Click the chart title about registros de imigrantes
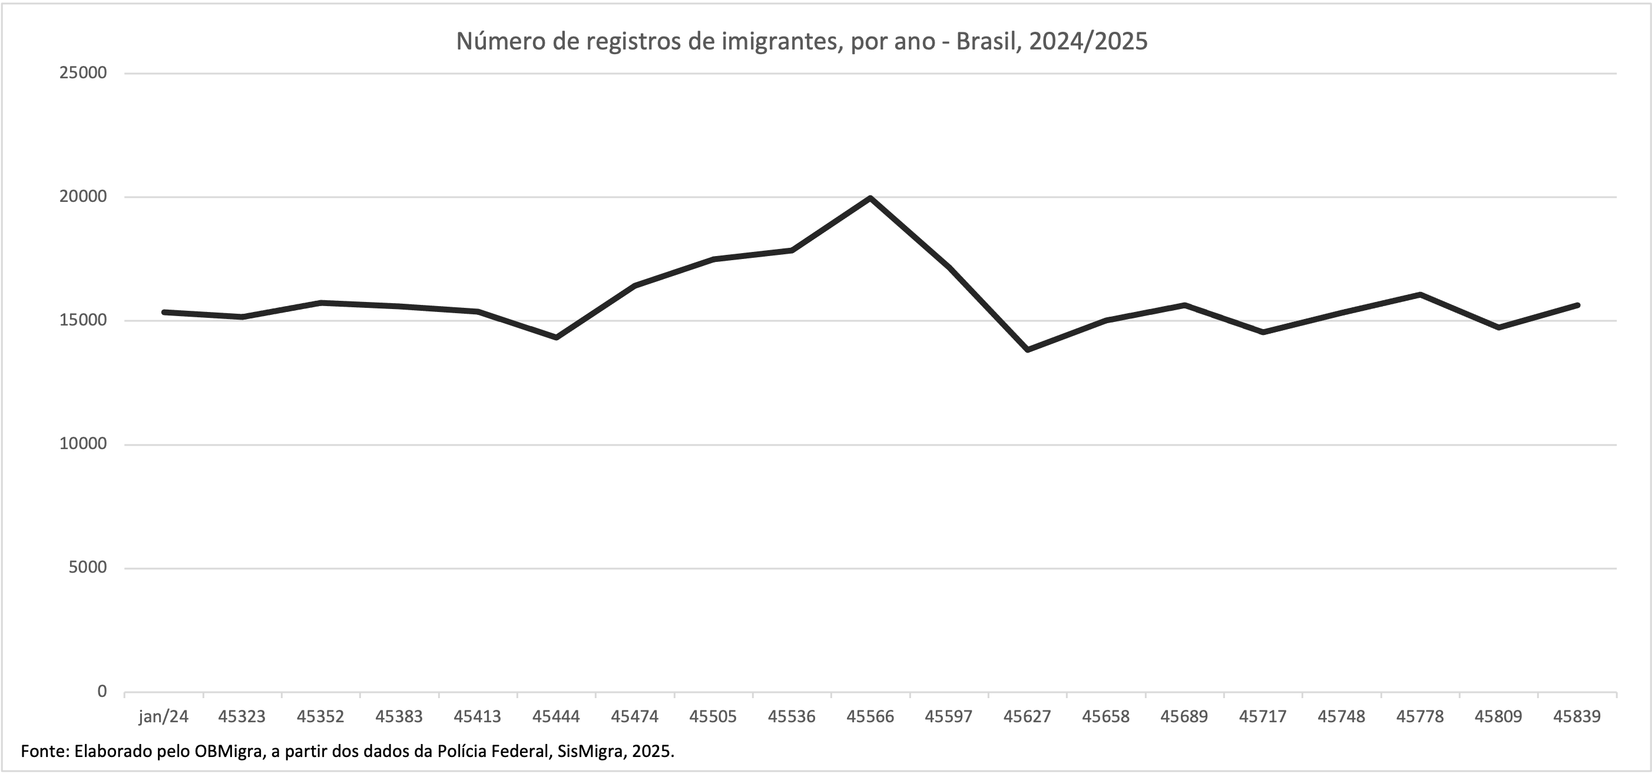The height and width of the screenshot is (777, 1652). [x=801, y=42]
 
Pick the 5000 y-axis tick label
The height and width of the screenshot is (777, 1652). [x=87, y=568]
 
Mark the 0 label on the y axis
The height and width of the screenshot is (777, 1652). [x=102, y=692]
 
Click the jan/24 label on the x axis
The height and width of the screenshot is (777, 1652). [x=164, y=717]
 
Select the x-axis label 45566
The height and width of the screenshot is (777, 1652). [x=870, y=717]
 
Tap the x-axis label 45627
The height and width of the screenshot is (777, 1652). [x=1027, y=717]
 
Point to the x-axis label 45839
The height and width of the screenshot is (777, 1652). [x=1577, y=717]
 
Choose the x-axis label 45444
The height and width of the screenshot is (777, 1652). [x=556, y=717]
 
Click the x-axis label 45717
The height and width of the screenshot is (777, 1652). [x=1263, y=717]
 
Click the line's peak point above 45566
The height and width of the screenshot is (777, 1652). [x=870, y=198]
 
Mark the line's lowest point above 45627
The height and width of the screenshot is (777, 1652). [x=1027, y=350]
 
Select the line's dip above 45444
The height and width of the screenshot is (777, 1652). [x=556, y=337]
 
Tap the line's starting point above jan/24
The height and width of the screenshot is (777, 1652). [x=164, y=312]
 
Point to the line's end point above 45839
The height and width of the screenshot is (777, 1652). [x=1577, y=305]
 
